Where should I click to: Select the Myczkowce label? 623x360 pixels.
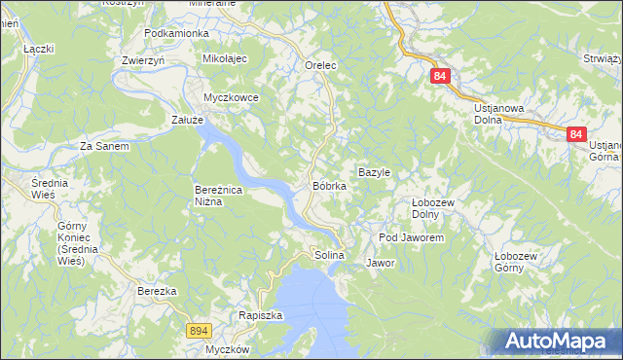tap(230, 98)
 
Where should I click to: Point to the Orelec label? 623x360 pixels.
tap(320, 65)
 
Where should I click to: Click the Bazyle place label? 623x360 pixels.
tap(374, 172)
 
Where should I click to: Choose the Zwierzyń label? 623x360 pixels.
tap(143, 59)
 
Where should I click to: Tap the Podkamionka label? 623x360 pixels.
tap(176, 33)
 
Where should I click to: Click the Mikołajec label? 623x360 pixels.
tap(226, 59)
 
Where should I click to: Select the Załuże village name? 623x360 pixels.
tap(187, 120)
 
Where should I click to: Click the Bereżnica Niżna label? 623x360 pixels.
tap(222, 197)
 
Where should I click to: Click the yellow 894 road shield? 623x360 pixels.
tap(199, 332)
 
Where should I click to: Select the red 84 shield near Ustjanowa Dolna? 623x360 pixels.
tap(441, 76)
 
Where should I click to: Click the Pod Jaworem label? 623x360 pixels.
tap(411, 237)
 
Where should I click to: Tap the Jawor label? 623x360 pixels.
tap(380, 263)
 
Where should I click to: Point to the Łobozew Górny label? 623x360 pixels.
tap(515, 262)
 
